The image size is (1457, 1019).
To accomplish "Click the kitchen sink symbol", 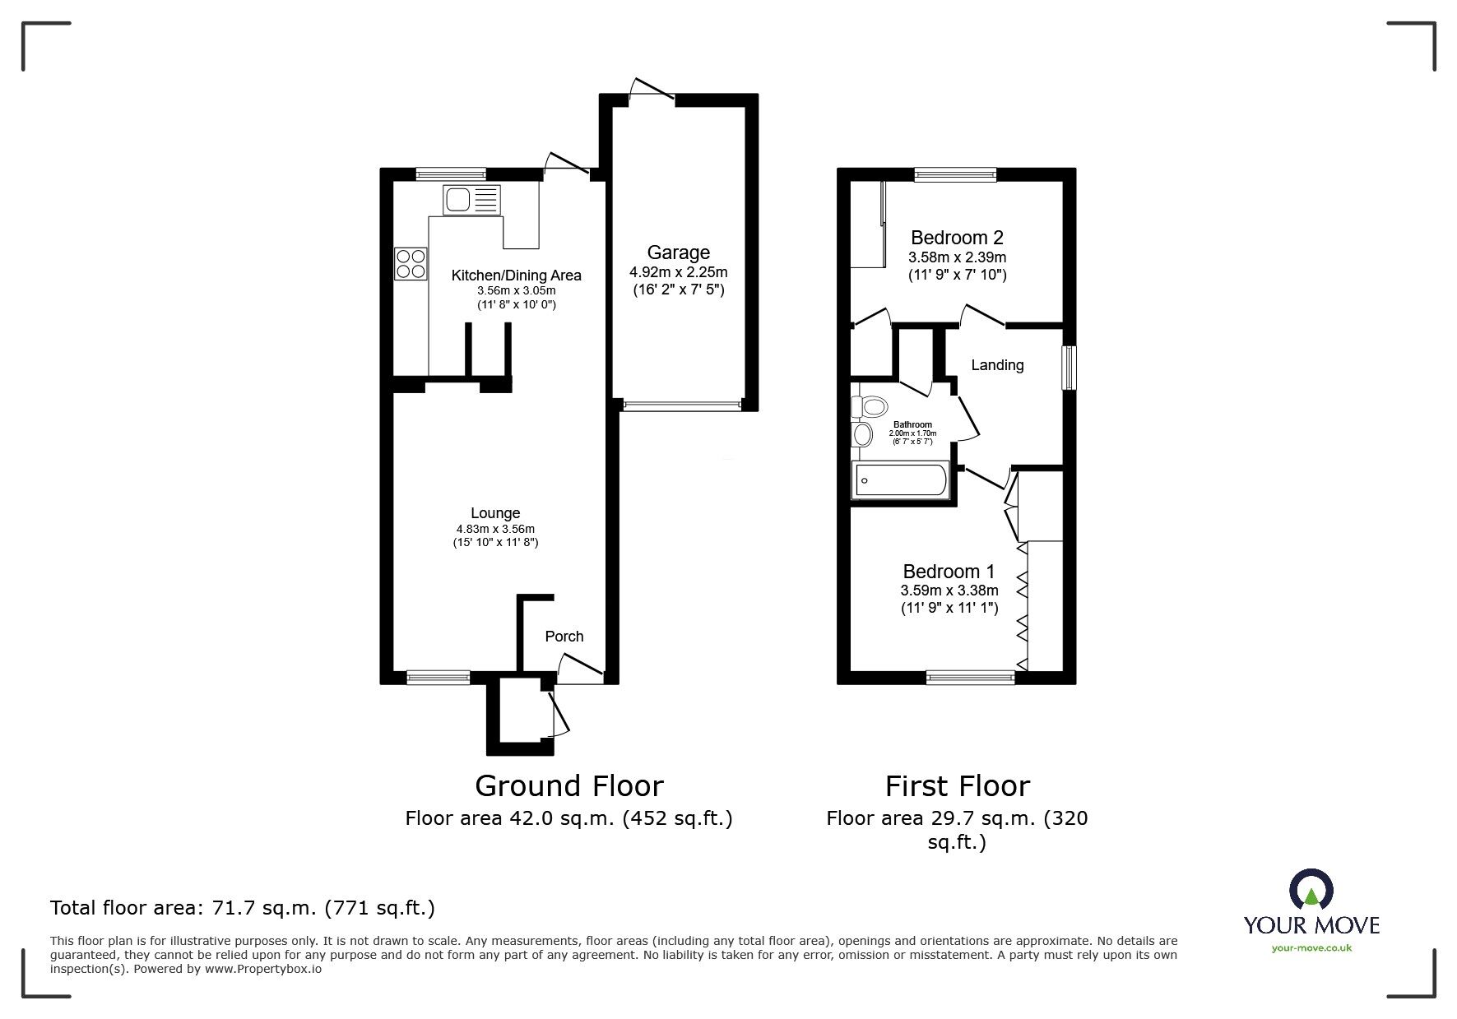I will coord(471,200).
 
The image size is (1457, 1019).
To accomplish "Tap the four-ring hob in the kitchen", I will coord(411,264).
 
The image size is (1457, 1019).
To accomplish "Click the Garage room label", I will coord(678,252).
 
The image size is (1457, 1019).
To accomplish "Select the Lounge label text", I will coord(495,513).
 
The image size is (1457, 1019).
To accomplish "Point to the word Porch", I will coord(564,637).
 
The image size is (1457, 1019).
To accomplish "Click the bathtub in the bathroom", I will coord(901,480).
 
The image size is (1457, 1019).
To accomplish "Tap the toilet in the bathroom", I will coord(870,406).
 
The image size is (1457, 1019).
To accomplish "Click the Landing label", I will coord(997,365).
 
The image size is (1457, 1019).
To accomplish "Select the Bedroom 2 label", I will coord(957,238).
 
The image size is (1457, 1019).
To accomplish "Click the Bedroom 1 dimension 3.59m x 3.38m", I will coord(949,591).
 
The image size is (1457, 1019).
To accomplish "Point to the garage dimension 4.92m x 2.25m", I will coord(678,272).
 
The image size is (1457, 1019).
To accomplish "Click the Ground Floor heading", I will coord(569,786).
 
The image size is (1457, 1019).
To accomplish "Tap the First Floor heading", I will coord(957,786).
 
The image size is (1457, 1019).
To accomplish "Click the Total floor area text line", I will coord(243,908).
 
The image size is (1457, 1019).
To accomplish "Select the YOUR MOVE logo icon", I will coord(1311,890).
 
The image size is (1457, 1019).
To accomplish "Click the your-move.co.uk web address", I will coord(1311,948).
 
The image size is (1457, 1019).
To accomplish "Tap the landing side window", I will coord(1069,368).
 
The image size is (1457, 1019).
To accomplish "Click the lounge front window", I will coord(438,678).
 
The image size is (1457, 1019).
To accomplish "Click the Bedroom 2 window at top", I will coord(955,174).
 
